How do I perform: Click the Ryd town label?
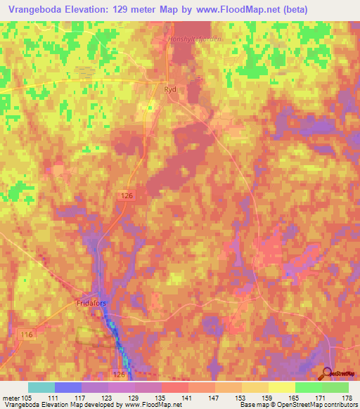169,90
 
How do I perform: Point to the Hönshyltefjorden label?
195,39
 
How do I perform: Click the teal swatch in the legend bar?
41,387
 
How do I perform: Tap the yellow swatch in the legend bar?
281,387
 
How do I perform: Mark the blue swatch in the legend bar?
68,387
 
